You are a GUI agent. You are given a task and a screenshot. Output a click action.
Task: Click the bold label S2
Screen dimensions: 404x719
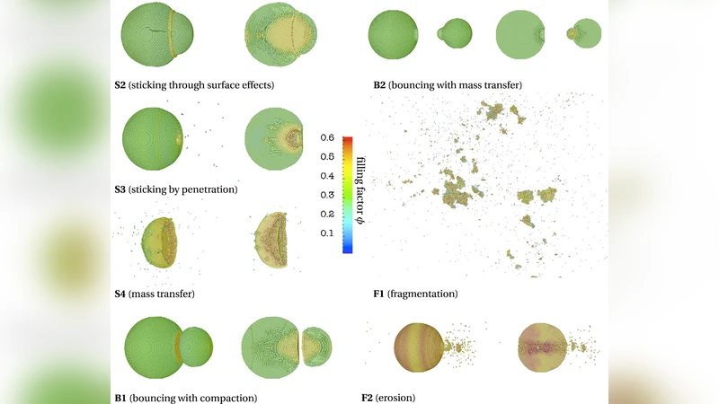click(120, 85)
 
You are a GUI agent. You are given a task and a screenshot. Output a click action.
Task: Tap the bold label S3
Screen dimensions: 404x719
click(120, 189)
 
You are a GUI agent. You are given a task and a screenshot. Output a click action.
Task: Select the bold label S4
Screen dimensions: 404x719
click(120, 294)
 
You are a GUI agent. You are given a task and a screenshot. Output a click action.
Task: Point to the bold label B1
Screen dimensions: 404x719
click(120, 398)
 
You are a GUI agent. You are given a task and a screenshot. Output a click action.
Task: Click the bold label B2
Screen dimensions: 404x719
click(379, 85)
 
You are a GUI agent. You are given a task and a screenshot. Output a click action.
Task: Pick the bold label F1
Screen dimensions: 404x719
click(378, 294)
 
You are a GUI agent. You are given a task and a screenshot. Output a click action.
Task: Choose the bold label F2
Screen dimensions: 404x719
click(378, 398)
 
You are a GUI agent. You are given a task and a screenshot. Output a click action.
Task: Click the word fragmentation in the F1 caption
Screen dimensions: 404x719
click(425, 294)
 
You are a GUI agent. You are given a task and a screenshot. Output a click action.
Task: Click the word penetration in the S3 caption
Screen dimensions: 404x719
click(209, 189)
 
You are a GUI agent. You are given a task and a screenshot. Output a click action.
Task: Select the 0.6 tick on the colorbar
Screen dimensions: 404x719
click(328, 138)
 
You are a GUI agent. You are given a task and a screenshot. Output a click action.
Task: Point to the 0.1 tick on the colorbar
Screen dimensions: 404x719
click(328, 234)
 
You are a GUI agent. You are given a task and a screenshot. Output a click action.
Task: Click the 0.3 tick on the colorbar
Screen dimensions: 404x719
click(328, 196)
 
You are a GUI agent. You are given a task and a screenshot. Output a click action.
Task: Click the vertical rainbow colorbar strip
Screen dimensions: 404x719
click(347, 195)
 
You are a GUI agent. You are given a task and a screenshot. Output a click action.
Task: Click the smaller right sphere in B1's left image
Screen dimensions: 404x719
click(195, 346)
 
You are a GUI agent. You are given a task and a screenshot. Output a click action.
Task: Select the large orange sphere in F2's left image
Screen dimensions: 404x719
click(418, 346)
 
